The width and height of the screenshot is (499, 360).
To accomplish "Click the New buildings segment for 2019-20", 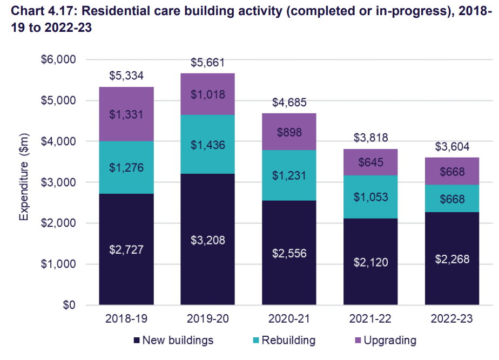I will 207,239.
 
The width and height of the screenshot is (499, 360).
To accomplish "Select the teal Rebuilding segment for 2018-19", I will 126,167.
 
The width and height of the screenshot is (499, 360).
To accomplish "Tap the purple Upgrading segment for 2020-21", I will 289,131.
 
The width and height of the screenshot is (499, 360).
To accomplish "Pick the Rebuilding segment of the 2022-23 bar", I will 451,198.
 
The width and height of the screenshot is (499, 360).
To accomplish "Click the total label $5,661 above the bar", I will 207,63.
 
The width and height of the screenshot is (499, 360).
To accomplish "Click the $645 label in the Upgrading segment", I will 370,162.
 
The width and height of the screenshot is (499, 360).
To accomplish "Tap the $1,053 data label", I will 370,198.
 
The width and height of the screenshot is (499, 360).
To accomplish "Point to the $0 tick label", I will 69,305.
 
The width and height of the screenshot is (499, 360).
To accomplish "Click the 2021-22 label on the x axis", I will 370,320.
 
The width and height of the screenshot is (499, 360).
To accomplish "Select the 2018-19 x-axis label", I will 126,320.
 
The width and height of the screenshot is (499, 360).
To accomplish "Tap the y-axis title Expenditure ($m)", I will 24,182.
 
